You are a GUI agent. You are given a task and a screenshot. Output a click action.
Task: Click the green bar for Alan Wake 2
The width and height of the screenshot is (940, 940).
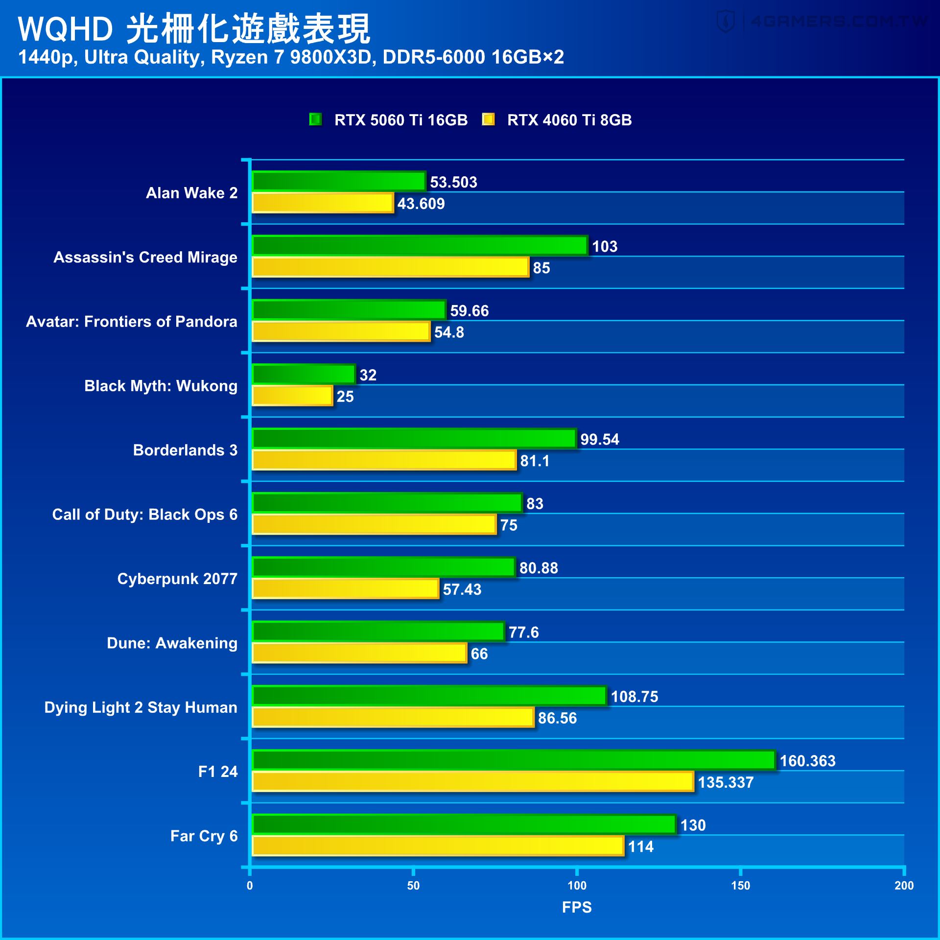click(338, 181)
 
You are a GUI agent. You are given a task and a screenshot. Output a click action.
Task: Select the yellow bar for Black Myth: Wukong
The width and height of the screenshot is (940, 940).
click(292, 396)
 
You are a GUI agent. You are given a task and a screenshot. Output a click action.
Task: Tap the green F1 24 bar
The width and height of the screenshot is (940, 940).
click(513, 760)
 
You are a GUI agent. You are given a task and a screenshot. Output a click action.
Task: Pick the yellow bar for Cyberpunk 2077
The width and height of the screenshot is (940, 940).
click(345, 588)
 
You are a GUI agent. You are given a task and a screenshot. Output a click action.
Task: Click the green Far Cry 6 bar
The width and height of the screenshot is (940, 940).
click(464, 824)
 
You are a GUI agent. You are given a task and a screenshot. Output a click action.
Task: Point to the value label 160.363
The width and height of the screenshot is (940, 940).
click(807, 761)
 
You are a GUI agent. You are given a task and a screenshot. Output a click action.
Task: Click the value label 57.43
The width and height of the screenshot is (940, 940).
click(462, 589)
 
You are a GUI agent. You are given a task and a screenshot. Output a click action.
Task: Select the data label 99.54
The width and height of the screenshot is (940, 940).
click(599, 439)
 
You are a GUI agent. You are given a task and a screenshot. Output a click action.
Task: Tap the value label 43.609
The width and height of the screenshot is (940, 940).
click(421, 204)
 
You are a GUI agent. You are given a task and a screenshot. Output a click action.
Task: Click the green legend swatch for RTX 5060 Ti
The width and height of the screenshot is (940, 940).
click(315, 119)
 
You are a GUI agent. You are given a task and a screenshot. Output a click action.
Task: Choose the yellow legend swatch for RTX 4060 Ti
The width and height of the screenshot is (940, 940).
click(488, 119)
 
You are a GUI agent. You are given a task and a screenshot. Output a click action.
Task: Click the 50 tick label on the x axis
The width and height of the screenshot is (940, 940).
click(413, 885)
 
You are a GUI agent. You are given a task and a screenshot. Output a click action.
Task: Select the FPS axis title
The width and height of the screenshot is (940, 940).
click(577, 907)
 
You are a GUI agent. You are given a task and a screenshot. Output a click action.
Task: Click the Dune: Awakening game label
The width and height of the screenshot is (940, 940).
click(172, 643)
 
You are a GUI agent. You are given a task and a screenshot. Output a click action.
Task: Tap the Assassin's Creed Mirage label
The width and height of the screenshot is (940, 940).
click(145, 257)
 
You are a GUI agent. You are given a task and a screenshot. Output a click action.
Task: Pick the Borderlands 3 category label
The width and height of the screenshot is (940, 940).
click(185, 450)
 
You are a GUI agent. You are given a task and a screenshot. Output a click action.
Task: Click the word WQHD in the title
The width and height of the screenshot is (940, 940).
click(66, 29)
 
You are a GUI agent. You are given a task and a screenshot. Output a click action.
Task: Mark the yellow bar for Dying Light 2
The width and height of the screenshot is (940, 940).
click(393, 717)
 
